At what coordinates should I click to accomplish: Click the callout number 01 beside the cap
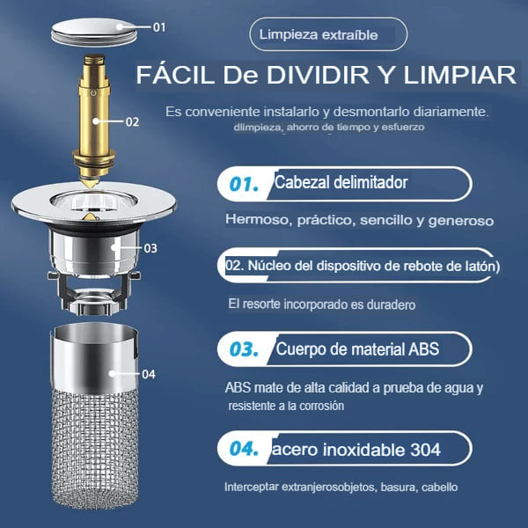[x=159, y=27]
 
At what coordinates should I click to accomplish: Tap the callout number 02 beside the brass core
[x=132, y=122]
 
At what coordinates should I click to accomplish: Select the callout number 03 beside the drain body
[x=150, y=248]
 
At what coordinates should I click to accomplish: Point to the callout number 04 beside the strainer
[x=149, y=374]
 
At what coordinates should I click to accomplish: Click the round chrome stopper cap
[x=94, y=33]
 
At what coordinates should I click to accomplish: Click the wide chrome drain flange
[x=93, y=203]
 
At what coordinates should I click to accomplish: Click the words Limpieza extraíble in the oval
[x=319, y=34]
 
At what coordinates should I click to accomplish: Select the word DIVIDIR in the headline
[x=318, y=75]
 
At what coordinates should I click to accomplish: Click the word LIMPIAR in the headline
[x=460, y=75]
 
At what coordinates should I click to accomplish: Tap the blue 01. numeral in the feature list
[x=244, y=185]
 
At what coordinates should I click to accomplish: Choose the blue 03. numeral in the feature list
[x=244, y=349]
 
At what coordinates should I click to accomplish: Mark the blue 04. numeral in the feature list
[x=244, y=449]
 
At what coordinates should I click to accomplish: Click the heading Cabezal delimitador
[x=341, y=182]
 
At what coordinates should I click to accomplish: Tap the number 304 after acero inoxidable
[x=426, y=450]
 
